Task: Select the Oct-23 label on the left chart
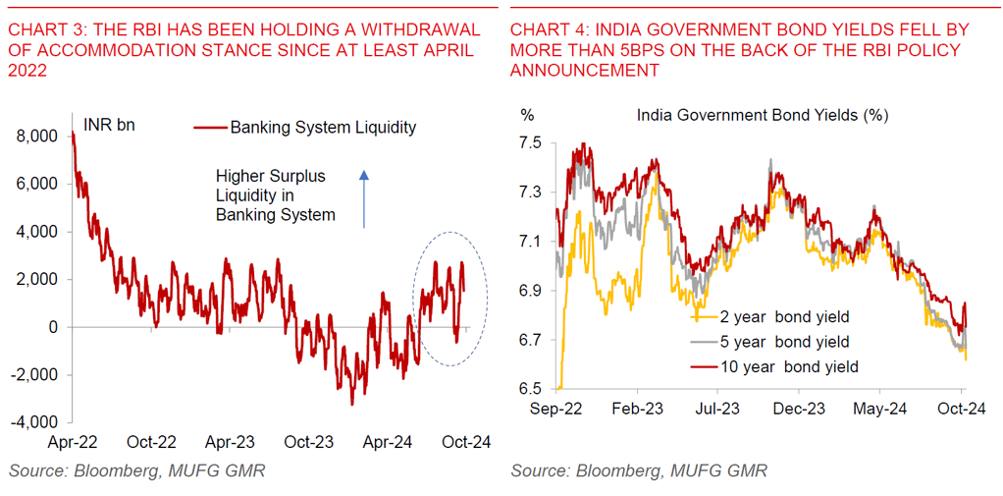point(309,442)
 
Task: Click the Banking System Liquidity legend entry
point(306,127)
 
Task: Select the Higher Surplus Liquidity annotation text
point(275,195)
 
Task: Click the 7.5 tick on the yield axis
point(531,143)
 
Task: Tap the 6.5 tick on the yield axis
point(531,389)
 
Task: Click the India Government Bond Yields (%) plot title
point(763,115)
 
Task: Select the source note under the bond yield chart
point(639,471)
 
